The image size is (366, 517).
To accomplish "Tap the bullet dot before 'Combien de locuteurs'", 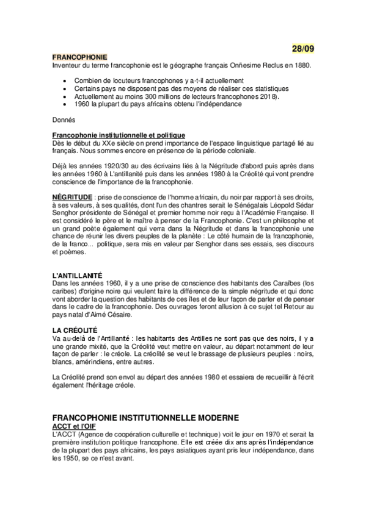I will [65, 80].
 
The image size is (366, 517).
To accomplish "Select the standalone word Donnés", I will [64, 119].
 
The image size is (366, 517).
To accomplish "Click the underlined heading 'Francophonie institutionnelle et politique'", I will [119, 135].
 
